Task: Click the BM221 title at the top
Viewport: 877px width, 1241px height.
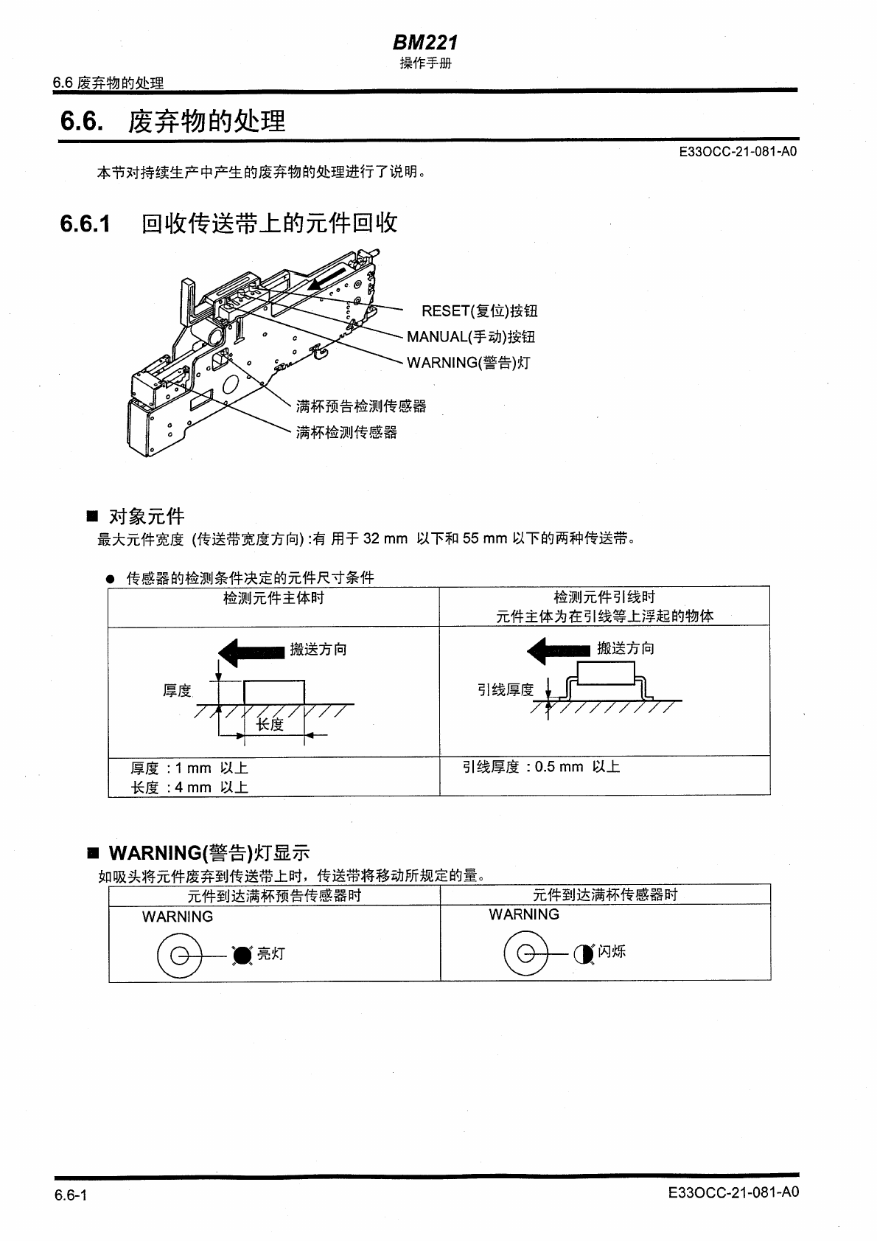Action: click(x=424, y=44)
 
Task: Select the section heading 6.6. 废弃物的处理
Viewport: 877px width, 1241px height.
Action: click(x=172, y=121)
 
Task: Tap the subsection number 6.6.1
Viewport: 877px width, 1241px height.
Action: click(x=85, y=223)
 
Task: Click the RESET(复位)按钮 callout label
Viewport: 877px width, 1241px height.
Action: click(x=479, y=311)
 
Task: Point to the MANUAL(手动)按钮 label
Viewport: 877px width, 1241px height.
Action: click(x=471, y=337)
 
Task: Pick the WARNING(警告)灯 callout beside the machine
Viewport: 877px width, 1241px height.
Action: click(x=468, y=363)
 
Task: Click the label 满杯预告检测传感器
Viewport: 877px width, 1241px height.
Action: click(x=361, y=406)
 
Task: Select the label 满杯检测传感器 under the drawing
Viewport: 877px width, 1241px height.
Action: click(x=346, y=432)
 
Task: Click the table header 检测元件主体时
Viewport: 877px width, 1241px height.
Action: click(x=273, y=598)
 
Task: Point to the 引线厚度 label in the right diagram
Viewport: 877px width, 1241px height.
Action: click(x=506, y=690)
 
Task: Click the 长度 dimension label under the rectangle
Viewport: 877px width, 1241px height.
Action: click(x=270, y=724)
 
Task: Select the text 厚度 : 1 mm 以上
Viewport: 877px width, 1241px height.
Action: click(x=189, y=768)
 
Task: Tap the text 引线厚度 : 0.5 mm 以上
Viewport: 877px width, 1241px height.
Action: click(x=541, y=767)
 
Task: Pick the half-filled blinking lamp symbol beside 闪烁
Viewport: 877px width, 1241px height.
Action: click(x=584, y=954)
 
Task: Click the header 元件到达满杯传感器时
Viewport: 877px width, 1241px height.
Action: click(x=605, y=895)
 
